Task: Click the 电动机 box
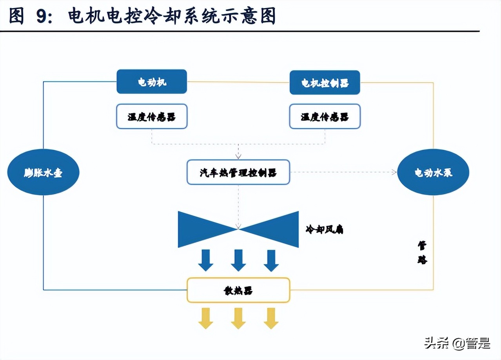point(152,82)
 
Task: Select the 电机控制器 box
point(325,82)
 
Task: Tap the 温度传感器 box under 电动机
point(152,116)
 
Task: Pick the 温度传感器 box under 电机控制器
point(325,116)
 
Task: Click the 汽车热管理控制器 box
point(238,172)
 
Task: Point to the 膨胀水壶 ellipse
point(43,173)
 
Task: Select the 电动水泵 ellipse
point(433,173)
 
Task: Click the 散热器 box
point(238,290)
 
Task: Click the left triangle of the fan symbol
point(200,229)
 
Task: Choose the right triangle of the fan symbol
point(276,229)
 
